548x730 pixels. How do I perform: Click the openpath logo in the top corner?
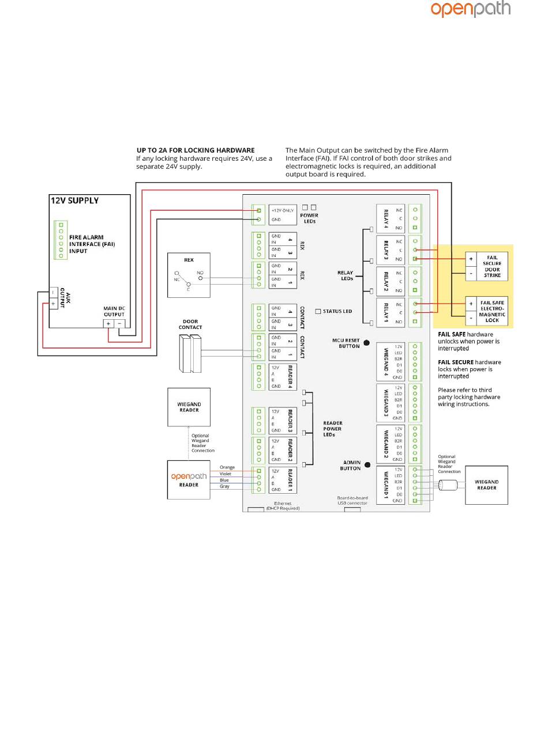click(x=470, y=9)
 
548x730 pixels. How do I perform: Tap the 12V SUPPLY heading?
click(x=75, y=201)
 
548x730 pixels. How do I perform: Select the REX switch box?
click(x=189, y=274)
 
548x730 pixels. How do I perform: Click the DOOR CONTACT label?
click(x=190, y=324)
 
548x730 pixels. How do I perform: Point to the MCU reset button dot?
click(x=366, y=343)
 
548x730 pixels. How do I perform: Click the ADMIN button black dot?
click(x=367, y=465)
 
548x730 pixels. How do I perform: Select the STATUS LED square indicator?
click(x=318, y=311)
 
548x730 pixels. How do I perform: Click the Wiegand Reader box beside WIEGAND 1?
click(x=486, y=485)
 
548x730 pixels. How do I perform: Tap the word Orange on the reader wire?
click(x=227, y=467)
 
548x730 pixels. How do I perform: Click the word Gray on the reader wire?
click(x=224, y=486)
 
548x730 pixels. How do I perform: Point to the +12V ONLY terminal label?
click(x=283, y=210)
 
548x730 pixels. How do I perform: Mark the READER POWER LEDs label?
click(x=332, y=429)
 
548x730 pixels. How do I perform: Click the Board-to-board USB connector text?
click(x=352, y=500)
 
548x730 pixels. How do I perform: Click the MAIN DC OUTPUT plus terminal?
click(x=108, y=324)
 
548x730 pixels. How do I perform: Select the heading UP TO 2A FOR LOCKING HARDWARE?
click(x=196, y=150)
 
